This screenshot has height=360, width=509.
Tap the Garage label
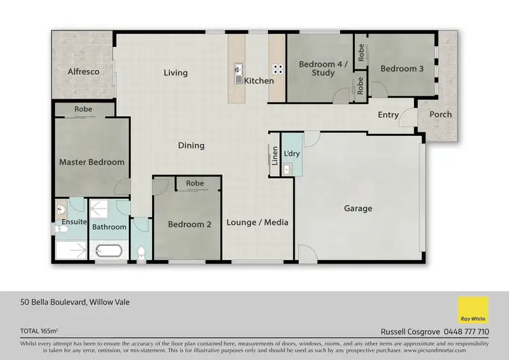(x=358, y=209)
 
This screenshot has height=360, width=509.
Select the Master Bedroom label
(x=92, y=162)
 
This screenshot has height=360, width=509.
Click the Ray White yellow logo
(x=472, y=310)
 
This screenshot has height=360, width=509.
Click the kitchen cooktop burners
(x=277, y=69)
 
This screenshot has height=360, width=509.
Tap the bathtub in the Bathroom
(x=109, y=250)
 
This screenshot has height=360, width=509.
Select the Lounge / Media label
(x=257, y=222)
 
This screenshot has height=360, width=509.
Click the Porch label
(x=440, y=114)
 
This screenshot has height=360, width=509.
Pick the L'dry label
(x=292, y=154)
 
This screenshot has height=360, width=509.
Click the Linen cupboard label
(x=275, y=156)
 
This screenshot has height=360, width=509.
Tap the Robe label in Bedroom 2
(x=195, y=183)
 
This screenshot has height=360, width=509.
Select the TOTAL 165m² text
(x=39, y=331)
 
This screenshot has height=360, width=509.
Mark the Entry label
(x=388, y=115)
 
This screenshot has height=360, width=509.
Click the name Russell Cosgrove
(x=408, y=331)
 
